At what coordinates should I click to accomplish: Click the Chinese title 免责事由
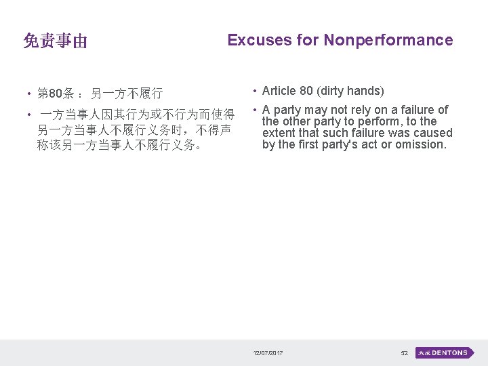point(55,41)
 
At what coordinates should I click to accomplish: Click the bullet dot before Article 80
point(253,91)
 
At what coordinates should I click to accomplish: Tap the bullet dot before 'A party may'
point(253,110)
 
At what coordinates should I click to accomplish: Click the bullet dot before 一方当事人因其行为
point(30,115)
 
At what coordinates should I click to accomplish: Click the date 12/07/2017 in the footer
point(268,353)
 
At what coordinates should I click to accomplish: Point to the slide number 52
point(404,353)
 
